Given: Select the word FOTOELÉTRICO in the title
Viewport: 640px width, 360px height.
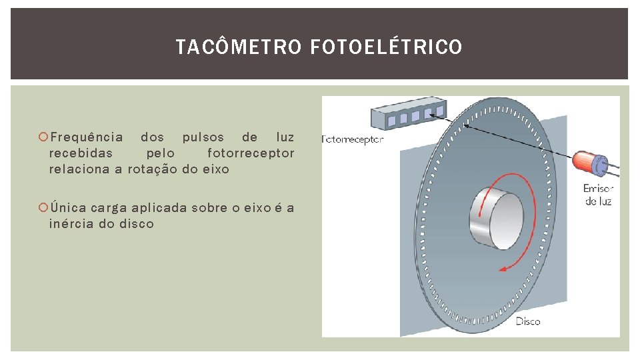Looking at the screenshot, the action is (x=385, y=47).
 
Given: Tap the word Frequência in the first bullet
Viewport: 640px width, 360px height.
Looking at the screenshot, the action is (x=87, y=137).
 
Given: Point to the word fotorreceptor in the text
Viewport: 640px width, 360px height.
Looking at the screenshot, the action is (x=251, y=153).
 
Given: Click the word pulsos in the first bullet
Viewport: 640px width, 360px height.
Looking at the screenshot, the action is (x=203, y=137).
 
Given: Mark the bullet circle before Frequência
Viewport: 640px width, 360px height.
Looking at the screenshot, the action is (x=44, y=137).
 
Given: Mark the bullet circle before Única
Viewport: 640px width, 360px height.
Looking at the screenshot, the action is (x=44, y=207).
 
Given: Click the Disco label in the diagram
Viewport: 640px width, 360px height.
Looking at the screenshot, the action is (x=528, y=321).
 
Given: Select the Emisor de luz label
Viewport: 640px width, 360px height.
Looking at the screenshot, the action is (x=597, y=195).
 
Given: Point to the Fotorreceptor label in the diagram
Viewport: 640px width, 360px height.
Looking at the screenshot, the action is (x=353, y=140).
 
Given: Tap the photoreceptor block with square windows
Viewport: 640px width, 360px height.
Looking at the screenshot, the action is (x=407, y=115).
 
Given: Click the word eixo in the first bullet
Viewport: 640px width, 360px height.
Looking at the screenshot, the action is (x=215, y=169).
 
